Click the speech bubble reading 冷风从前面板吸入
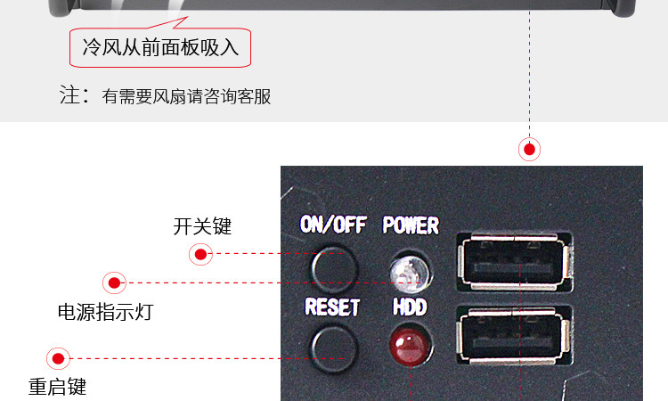pos(160,47)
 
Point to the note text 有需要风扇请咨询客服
pos(186,96)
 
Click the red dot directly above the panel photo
pos(530,149)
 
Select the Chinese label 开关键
pos(202,226)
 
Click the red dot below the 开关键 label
pos(201,256)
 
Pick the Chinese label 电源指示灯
pos(105,313)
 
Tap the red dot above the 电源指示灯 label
pos(114,284)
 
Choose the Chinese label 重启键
pos(57,388)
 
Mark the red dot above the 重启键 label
pos(59,359)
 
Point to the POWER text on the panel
pos(411,225)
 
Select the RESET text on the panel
pos(332,307)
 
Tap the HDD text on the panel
pos(410,307)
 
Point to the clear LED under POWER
pos(408,269)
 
